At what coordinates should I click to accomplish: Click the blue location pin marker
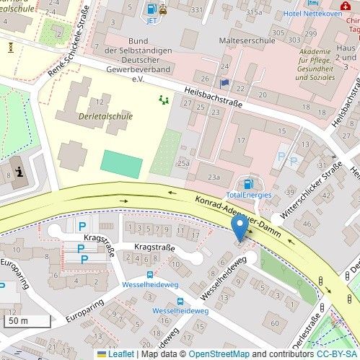coord(240,229)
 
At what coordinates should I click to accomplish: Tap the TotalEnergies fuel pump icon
coord(249,184)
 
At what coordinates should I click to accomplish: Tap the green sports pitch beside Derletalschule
coord(121,164)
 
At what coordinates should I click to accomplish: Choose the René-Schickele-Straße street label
coord(69,42)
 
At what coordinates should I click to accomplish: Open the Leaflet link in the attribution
coord(119,354)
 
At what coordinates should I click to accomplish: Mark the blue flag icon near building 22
coord(224,84)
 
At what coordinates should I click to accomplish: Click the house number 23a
coord(214,176)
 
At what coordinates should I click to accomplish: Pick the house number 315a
coord(253,12)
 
